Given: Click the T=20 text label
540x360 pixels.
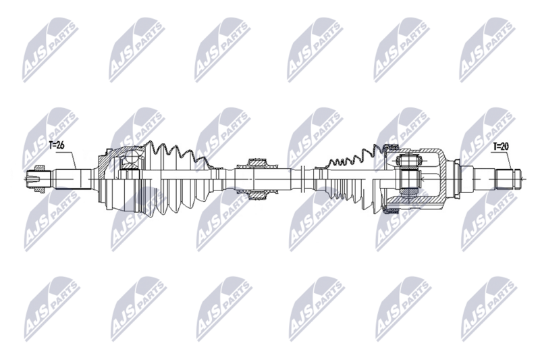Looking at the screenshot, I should (500, 146).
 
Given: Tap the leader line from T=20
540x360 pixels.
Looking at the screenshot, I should (507, 159).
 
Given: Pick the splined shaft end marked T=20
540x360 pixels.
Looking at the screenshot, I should (508, 179).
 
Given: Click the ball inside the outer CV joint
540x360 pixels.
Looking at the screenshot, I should (127, 162).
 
